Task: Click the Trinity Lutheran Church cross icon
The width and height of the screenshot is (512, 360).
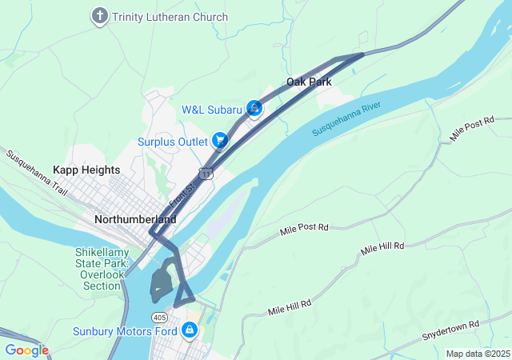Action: tap(100, 16)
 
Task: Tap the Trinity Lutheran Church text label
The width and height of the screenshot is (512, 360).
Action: tap(170, 17)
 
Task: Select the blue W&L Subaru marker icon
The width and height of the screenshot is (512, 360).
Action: tap(254, 108)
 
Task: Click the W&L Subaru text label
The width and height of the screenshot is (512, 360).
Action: tap(211, 109)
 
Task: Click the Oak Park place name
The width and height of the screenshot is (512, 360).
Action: tap(309, 82)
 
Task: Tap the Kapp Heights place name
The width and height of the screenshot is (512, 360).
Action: tap(86, 170)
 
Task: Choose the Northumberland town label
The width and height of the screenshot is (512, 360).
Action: tap(134, 218)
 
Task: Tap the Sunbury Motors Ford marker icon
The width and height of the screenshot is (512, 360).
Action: tap(190, 330)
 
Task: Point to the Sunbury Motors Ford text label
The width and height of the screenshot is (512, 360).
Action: tap(124, 330)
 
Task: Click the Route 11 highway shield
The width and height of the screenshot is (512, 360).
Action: tap(207, 174)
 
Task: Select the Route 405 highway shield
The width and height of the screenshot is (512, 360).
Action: tap(160, 306)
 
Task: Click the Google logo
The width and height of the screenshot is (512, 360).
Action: tap(26, 350)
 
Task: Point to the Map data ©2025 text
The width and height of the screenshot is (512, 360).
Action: tap(477, 354)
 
